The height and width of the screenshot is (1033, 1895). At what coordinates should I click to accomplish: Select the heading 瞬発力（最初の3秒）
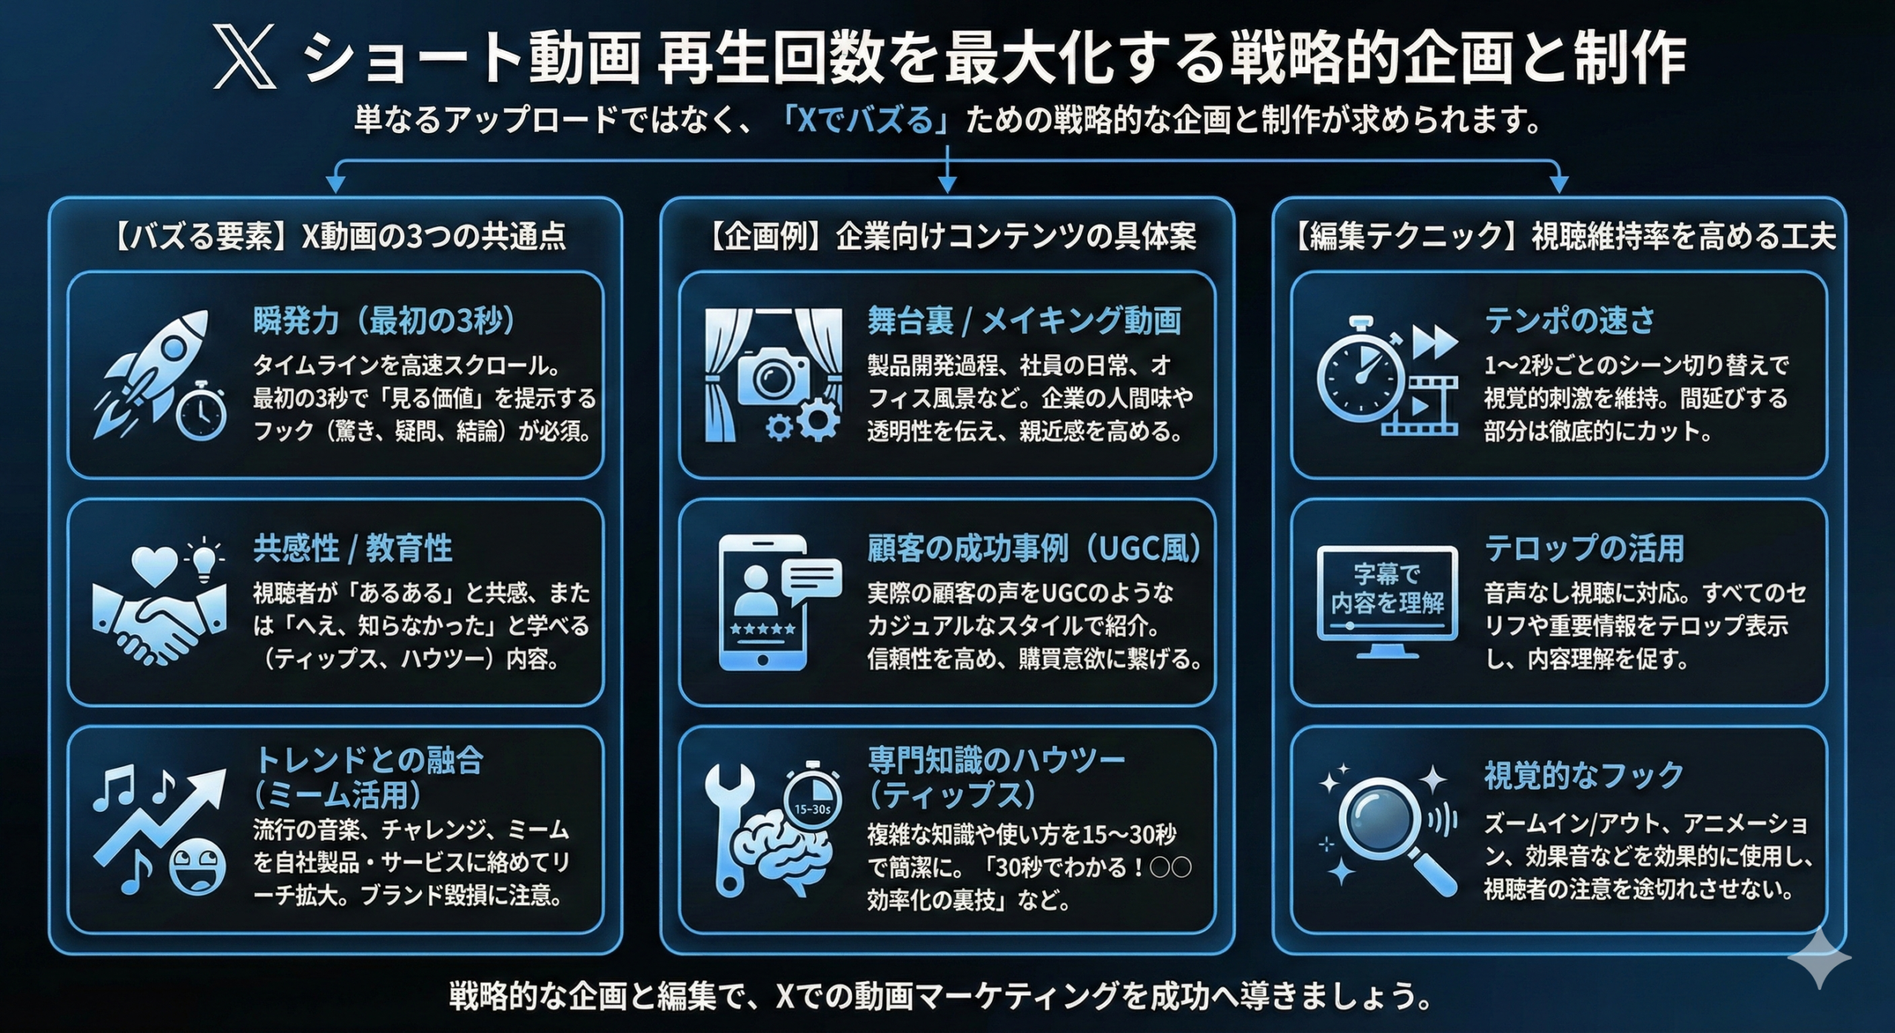(x=384, y=320)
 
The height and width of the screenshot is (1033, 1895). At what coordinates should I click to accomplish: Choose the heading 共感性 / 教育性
(x=352, y=548)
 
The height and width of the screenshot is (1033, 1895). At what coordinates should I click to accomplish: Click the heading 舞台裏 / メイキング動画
(x=1024, y=320)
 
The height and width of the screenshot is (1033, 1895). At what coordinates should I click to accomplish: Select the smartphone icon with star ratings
(x=762, y=602)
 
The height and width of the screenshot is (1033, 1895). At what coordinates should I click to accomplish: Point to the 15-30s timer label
(x=812, y=809)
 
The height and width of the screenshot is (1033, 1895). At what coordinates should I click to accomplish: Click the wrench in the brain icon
(x=728, y=821)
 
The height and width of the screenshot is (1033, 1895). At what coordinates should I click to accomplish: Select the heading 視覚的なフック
(x=1584, y=776)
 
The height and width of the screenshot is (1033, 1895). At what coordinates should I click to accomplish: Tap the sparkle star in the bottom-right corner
(x=1819, y=959)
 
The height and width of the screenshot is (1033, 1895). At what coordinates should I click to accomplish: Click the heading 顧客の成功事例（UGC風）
(x=1035, y=548)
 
